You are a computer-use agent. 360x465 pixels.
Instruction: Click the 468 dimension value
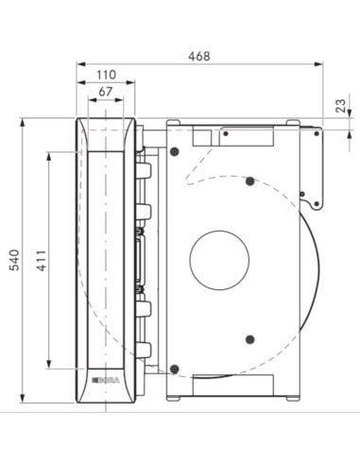tap(199, 56)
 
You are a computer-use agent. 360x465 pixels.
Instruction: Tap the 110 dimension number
tap(106, 75)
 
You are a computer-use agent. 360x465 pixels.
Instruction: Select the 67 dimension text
tap(106, 92)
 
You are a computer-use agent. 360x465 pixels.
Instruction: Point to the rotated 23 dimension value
tap(340, 106)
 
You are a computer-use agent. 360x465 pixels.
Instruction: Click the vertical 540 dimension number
tap(14, 260)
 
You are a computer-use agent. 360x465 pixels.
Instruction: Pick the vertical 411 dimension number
tap(42, 261)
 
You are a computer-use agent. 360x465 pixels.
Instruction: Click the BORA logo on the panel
tap(106, 381)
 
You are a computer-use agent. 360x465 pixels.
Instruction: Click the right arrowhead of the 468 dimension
tap(318, 64)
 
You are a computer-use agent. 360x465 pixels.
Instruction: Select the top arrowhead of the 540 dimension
tap(22, 123)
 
